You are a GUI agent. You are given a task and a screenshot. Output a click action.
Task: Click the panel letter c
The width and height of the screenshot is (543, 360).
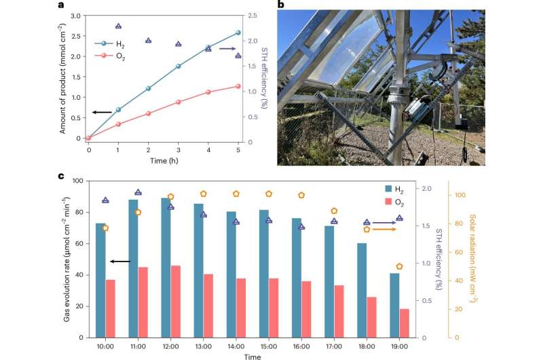point(62,177)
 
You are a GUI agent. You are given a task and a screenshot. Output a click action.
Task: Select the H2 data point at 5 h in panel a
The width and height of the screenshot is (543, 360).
point(238,33)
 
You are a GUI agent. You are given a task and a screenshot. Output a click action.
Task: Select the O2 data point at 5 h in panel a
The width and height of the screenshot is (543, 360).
point(238,86)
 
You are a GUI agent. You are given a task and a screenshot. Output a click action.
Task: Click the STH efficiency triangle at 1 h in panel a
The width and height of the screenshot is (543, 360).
point(119,26)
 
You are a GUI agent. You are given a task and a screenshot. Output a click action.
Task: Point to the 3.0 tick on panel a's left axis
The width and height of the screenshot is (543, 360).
point(77,15)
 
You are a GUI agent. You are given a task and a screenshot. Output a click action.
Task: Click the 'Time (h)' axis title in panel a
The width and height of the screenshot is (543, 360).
point(163,161)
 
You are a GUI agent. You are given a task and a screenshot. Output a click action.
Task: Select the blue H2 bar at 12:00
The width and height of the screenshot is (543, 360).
point(166,268)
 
